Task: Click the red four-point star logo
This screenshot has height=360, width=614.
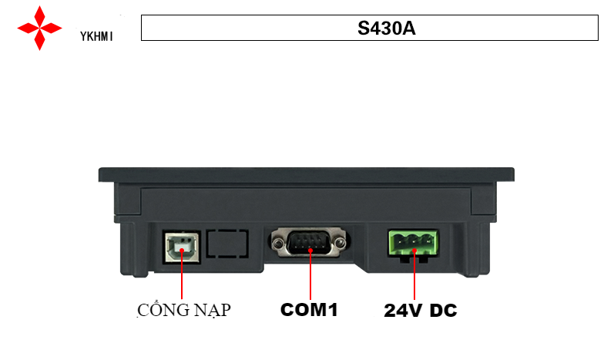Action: click(39, 28)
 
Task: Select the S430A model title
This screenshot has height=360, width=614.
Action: click(370, 29)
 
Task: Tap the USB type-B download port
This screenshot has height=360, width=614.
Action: click(181, 245)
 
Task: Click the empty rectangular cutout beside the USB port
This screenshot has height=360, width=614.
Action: click(229, 244)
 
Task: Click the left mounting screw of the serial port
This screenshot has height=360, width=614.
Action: click(275, 244)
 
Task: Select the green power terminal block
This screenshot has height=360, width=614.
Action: click(411, 244)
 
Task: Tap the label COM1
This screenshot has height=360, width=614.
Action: click(309, 310)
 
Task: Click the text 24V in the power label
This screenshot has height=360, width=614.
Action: click(402, 311)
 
